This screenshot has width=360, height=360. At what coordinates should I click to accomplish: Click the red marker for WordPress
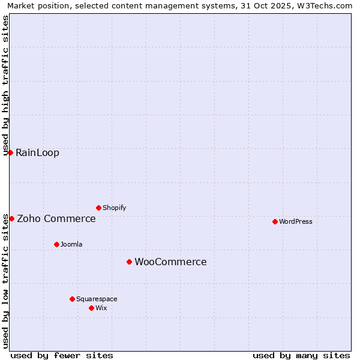coord(275,221)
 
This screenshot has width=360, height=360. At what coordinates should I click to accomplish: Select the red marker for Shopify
coord(98,208)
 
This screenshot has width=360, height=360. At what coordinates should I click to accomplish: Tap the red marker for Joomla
coord(56,244)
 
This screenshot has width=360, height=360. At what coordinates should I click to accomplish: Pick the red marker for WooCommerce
coord(129,262)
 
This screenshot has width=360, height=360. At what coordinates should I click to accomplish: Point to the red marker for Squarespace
coord(72,299)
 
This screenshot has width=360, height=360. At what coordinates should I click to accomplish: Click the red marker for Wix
coord(91,308)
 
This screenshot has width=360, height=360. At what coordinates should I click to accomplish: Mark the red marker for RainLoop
coord(10,152)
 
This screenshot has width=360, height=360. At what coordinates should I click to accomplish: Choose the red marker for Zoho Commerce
coord(11,218)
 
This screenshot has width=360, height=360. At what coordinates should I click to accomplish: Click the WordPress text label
coord(296,221)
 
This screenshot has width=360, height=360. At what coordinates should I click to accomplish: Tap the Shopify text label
coord(115,208)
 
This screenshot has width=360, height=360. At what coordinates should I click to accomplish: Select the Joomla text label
coord(71,244)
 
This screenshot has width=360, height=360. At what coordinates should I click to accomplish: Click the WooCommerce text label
coord(170,262)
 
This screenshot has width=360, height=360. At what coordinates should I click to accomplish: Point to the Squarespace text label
coord(97,299)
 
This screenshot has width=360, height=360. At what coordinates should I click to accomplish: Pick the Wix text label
coord(101,308)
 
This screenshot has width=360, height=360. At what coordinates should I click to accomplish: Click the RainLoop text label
coord(37,152)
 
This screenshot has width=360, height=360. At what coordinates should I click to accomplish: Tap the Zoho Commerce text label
coord(56,218)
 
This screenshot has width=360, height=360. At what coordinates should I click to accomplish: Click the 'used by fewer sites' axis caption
coord(62,355)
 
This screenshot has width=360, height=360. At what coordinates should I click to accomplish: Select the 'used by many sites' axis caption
coord(301,355)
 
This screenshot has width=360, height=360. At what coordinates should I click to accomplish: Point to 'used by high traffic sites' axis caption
coord(6,85)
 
